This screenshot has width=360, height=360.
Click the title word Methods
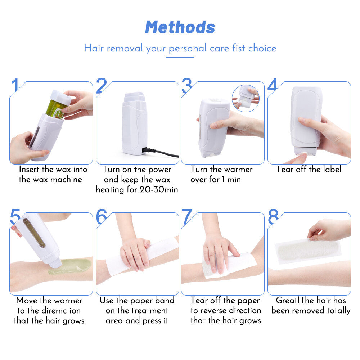(x=180, y=27)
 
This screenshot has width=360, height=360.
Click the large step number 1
(x=15, y=86)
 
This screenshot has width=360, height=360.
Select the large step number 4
(x=273, y=85)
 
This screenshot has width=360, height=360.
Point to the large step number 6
(x=101, y=217)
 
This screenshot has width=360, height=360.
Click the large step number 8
(x=273, y=217)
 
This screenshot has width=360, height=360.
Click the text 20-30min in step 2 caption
(x=159, y=189)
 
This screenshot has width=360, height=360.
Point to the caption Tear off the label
(x=309, y=169)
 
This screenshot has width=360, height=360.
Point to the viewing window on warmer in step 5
(x=35, y=233)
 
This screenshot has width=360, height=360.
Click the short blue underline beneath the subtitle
(x=180, y=57)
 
